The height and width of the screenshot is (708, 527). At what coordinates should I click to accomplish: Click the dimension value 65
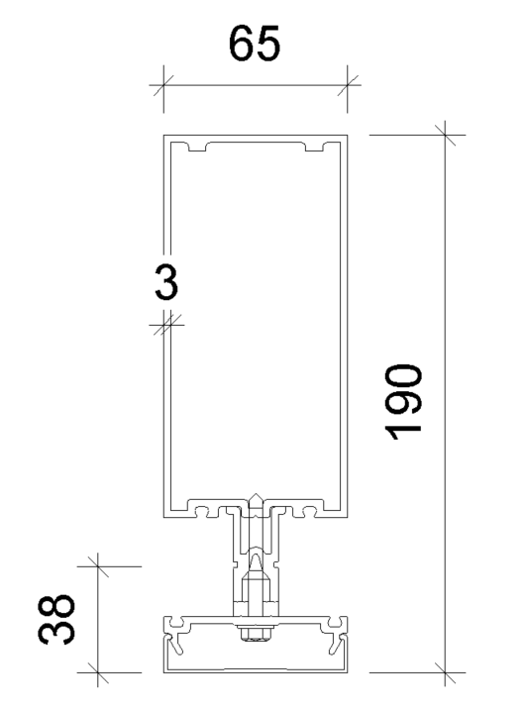[255, 44]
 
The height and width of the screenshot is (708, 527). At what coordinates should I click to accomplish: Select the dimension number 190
[405, 402]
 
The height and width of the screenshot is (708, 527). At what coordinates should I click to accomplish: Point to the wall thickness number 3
[166, 284]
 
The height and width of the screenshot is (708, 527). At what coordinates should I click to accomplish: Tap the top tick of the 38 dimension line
[98, 566]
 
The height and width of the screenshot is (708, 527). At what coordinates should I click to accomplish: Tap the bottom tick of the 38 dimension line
[98, 674]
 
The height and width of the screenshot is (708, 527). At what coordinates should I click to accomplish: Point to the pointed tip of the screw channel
[256, 497]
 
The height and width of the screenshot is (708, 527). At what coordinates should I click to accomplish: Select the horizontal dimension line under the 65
[256, 84]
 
